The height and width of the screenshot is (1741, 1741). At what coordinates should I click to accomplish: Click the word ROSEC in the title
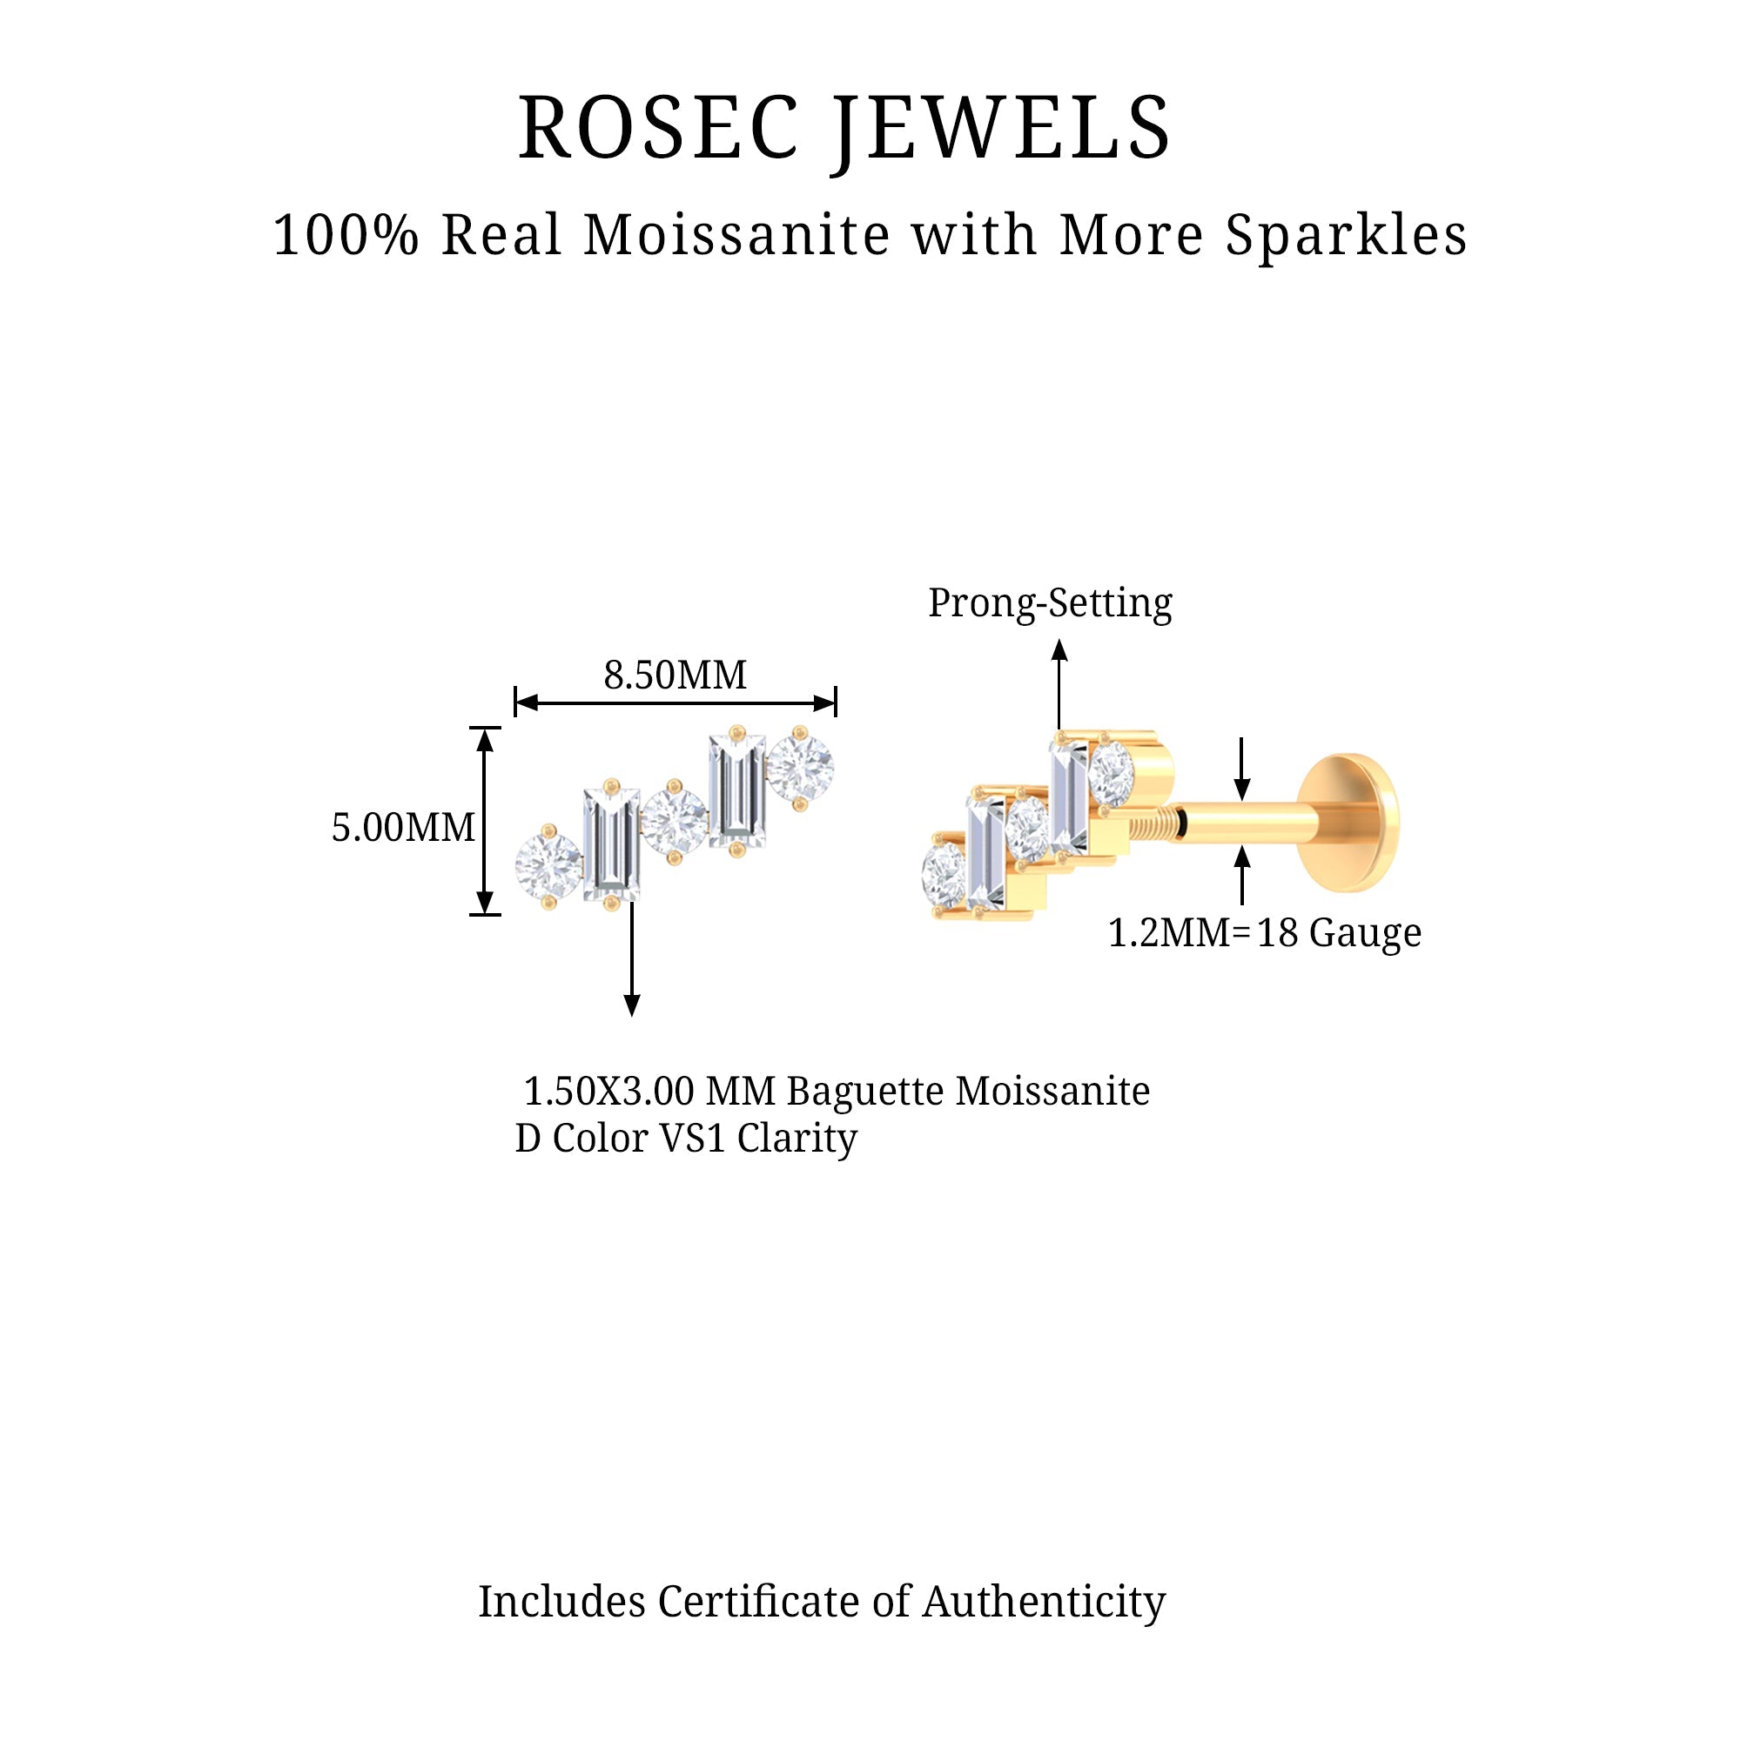tap(659, 129)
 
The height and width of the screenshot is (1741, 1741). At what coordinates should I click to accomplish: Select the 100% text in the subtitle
tap(346, 236)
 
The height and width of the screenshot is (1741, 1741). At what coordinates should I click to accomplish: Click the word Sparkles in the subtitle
tap(1347, 236)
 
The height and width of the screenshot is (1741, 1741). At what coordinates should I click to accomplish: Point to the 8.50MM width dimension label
tap(675, 675)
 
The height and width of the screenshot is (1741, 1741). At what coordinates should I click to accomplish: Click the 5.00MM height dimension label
tap(403, 827)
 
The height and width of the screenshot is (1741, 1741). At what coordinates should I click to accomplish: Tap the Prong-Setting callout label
tap(1050, 603)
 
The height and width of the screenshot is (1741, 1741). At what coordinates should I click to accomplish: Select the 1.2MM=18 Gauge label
tap(1264, 932)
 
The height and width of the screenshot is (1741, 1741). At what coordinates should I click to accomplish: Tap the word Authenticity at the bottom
tap(1044, 1602)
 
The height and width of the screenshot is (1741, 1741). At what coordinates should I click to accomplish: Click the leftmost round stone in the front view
tap(548, 866)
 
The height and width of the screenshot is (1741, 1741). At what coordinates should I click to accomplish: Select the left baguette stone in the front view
tap(612, 844)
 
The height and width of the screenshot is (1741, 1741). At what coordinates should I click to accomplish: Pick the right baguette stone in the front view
tap(737, 790)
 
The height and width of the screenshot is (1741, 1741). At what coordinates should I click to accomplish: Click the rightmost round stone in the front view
tap(800, 767)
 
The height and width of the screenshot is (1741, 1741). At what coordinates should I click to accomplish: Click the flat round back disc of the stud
tap(1349, 823)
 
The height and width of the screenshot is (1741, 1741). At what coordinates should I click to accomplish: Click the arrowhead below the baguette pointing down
tap(632, 1005)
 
